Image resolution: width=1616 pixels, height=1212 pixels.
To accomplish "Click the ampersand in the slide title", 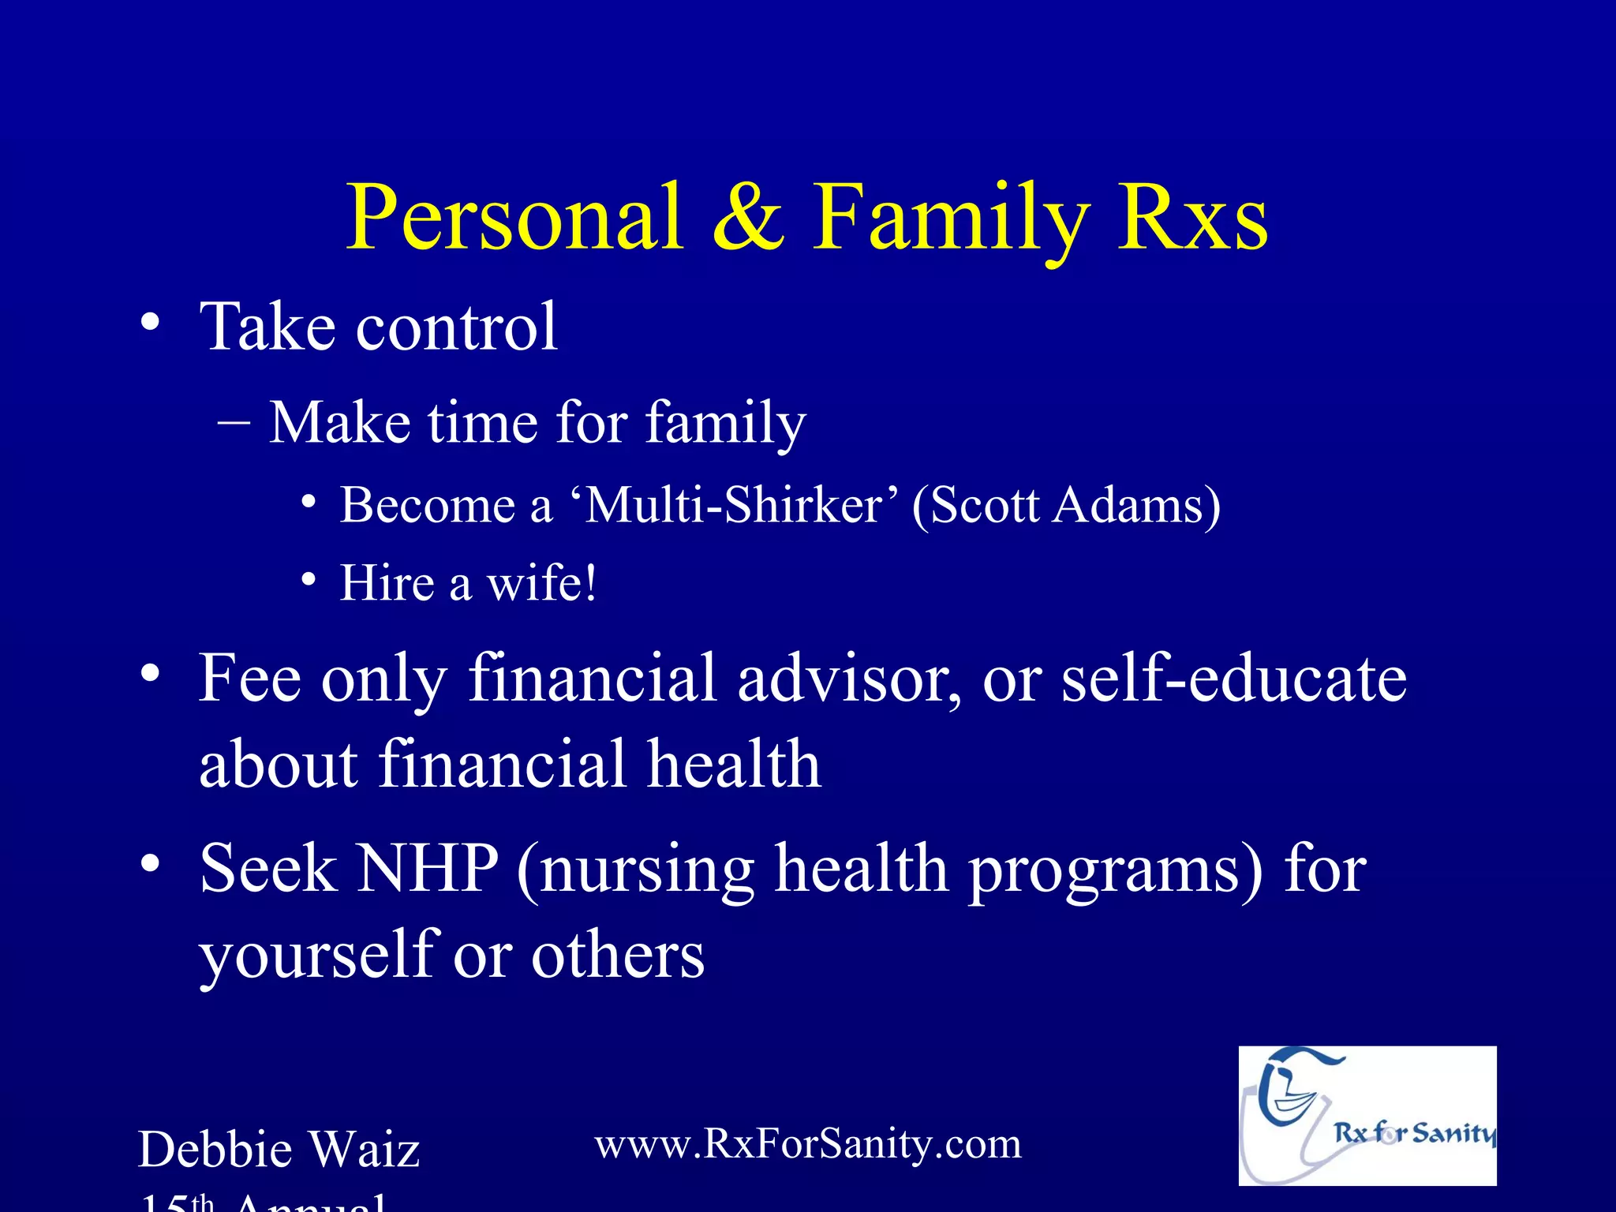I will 748,218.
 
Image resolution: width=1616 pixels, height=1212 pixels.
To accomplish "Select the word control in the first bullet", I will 457,327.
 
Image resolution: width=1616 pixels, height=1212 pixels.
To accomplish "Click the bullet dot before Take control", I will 150,323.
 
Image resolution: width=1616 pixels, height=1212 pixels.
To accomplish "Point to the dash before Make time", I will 234,423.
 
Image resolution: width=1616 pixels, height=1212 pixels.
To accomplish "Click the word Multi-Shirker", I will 734,505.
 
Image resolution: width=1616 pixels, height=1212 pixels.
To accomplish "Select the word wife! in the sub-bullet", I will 541,584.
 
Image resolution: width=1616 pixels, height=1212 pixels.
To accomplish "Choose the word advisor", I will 849,679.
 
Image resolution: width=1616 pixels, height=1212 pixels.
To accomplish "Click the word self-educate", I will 1234,679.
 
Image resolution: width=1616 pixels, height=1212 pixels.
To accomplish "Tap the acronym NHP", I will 427,868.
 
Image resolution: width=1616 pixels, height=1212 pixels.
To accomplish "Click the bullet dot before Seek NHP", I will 150,865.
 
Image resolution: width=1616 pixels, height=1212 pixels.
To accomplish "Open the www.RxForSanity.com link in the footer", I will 808,1144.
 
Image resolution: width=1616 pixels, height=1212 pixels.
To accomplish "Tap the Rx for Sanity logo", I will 1367,1116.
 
